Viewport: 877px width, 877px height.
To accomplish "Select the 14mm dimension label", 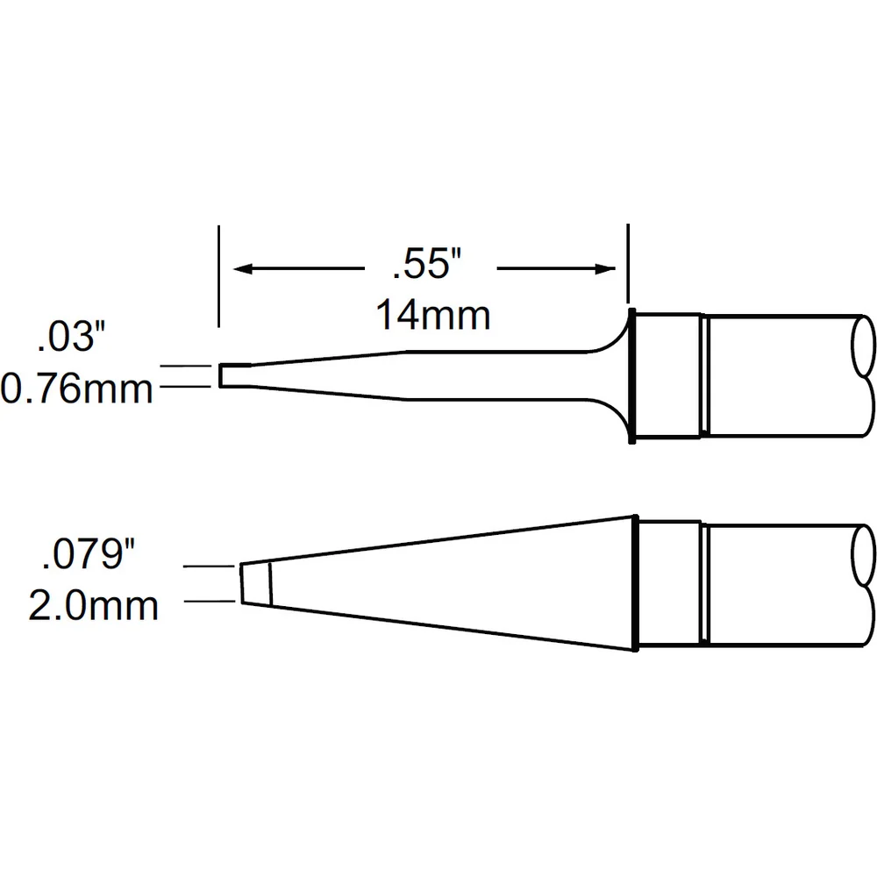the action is [433, 316].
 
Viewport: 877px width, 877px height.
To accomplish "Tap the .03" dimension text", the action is [71, 338].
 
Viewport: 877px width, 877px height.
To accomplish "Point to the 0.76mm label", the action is [76, 389].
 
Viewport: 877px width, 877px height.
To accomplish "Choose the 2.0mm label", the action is [94, 606].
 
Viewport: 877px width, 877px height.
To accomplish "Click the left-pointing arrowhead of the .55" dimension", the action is [243, 269].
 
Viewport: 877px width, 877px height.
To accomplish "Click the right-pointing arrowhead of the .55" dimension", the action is [605, 269].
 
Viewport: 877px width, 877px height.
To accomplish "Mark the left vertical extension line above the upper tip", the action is [218, 276].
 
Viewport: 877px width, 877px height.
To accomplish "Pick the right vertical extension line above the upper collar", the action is [628, 263].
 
